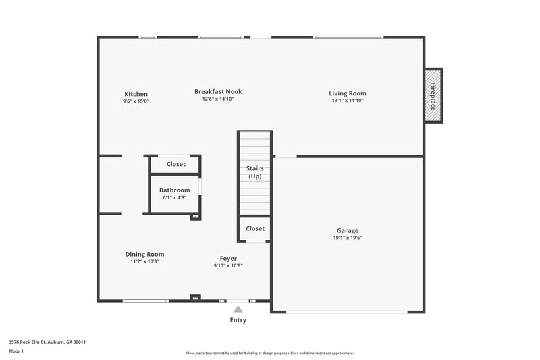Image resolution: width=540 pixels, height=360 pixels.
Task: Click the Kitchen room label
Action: tap(136, 94)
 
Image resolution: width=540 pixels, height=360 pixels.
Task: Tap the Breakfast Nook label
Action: tap(218, 91)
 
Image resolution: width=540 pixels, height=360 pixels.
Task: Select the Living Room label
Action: tap(348, 93)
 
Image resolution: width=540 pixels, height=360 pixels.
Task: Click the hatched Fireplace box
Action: tap(433, 95)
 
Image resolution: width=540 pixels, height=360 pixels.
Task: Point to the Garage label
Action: tap(348, 230)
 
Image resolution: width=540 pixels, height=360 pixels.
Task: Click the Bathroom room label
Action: tap(175, 190)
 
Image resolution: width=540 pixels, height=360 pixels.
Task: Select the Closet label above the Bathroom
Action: tap(176, 164)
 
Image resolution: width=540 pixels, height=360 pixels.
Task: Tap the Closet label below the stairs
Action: tap(255, 228)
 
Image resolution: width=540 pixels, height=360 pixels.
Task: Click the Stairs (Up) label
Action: tap(254, 172)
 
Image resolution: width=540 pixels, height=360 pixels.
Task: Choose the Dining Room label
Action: tap(144, 254)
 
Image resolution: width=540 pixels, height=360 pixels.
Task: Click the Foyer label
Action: tap(228, 258)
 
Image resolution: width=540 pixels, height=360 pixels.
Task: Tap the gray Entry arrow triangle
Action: tap(238, 309)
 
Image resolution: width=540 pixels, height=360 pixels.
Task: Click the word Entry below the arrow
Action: tap(238, 320)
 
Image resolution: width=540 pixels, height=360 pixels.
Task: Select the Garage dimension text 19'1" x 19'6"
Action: tap(348, 238)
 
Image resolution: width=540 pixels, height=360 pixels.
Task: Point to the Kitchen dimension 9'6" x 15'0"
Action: tap(136, 101)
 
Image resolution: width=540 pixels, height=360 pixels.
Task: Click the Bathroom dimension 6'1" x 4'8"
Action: tap(175, 197)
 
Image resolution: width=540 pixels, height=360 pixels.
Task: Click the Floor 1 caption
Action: tap(16, 351)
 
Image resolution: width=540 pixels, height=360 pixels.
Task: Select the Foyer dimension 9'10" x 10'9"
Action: tap(228, 265)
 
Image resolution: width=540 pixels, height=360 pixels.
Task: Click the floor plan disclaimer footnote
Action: tap(269, 353)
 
